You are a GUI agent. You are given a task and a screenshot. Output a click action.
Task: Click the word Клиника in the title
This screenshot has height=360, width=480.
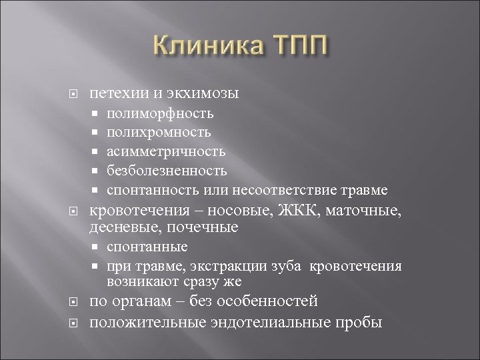[203, 49]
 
